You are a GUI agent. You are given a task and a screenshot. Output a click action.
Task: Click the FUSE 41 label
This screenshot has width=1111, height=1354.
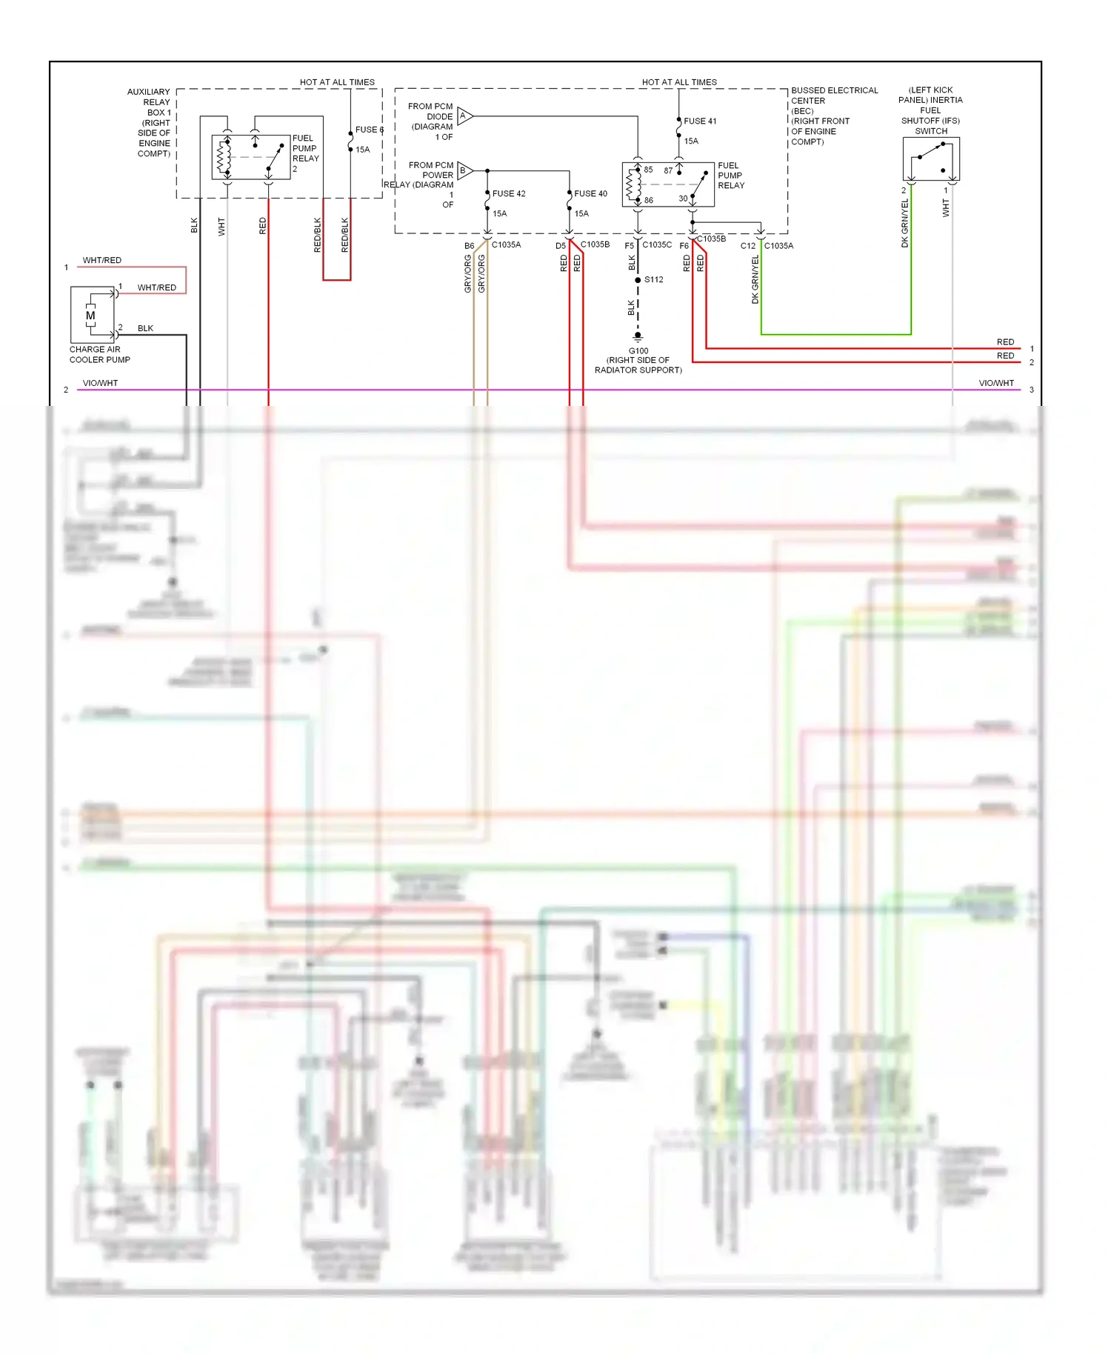[x=699, y=121]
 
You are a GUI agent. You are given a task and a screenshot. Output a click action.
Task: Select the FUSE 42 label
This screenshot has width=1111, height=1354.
[x=508, y=193]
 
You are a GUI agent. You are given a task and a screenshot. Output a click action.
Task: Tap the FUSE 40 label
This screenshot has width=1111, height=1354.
[x=590, y=193]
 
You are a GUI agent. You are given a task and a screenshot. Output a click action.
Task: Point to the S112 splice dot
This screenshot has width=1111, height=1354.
[x=638, y=280]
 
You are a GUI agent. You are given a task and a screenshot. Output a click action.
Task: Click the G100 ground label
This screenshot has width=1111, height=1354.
[x=638, y=351]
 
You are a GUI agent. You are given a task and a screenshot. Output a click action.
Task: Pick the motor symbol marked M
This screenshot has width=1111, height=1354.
[x=90, y=316]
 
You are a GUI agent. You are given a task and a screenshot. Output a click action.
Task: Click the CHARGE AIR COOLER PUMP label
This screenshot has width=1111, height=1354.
[x=99, y=355]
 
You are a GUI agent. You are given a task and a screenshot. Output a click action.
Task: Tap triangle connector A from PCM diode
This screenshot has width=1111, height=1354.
[x=464, y=116]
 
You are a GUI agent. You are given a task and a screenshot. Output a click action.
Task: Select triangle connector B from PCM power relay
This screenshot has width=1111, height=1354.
[x=464, y=170]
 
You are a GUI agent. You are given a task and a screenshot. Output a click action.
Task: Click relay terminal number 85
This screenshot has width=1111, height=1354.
[x=648, y=170]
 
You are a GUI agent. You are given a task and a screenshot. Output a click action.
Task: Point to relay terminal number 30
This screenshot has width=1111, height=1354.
[x=683, y=199]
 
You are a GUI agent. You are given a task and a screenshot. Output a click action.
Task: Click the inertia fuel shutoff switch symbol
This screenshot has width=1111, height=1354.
[x=931, y=159]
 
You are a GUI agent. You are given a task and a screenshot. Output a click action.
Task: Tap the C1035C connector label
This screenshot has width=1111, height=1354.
[x=657, y=244]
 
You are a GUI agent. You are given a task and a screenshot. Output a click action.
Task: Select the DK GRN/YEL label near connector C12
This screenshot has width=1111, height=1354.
[x=755, y=279]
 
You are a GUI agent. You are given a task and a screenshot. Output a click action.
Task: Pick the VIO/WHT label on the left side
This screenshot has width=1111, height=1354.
[x=100, y=383]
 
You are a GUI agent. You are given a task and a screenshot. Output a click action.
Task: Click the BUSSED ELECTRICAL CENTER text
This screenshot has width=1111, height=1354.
[x=834, y=96]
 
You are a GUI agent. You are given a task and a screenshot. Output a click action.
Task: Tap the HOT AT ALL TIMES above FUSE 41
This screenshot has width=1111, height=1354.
[x=679, y=82]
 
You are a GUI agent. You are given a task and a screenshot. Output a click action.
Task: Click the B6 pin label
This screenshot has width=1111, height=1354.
[x=469, y=245]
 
